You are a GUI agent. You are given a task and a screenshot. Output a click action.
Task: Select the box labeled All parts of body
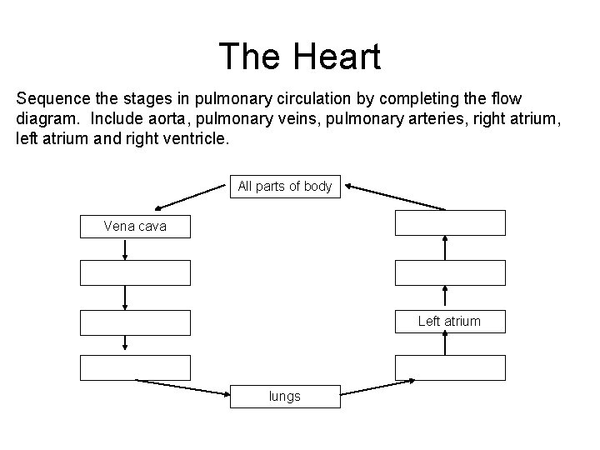tap(284, 187)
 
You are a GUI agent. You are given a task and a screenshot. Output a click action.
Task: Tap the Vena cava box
tap(135, 226)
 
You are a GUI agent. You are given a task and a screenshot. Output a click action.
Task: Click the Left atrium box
tap(450, 321)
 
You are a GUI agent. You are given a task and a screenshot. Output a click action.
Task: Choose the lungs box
tap(284, 397)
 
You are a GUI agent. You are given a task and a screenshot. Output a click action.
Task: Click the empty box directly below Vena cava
tap(135, 273)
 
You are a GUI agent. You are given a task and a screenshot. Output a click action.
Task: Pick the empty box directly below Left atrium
tap(450, 367)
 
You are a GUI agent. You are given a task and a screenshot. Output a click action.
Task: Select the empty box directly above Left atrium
tap(450, 273)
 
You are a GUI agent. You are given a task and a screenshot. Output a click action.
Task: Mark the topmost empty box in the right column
tap(450, 223)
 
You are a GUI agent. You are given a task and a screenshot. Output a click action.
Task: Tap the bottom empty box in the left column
tap(135, 367)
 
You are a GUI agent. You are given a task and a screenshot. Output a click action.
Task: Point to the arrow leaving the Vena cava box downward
tap(125, 249)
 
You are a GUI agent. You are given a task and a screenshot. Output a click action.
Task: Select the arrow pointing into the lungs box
tap(183, 388)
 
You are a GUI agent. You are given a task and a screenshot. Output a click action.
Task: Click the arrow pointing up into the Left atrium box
tap(446, 344)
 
